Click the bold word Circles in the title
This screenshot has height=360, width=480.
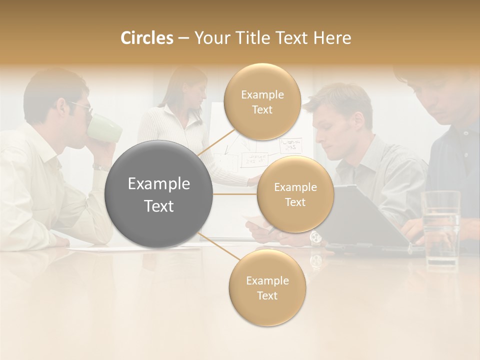click(x=147, y=38)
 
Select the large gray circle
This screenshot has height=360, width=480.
click(x=159, y=194)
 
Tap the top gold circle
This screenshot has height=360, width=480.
click(x=262, y=102)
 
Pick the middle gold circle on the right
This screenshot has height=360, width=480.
click(x=295, y=194)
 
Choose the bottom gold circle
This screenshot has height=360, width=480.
click(x=267, y=288)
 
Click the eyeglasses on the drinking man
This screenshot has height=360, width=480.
click(x=81, y=106)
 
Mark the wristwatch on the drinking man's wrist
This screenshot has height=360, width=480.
click(x=100, y=168)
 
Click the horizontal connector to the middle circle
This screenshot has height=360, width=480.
click(x=235, y=194)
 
